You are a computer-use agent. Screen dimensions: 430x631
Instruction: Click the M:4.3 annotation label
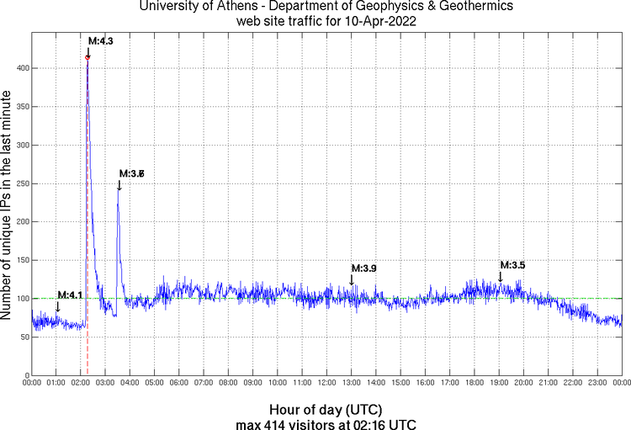coord(101,40)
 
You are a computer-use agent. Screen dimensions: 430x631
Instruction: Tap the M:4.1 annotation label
coord(70,295)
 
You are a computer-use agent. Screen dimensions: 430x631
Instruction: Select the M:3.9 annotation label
coord(363,268)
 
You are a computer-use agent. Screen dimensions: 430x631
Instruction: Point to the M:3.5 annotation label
coord(512,265)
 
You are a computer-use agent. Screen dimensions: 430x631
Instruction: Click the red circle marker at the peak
coord(87,57)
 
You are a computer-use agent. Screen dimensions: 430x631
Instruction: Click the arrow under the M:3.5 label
coord(501,277)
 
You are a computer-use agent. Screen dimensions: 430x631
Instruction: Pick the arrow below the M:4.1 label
coord(57,307)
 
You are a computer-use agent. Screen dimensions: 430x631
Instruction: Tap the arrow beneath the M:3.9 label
coord(352,280)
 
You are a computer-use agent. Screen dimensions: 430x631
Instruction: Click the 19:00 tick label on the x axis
coord(500,383)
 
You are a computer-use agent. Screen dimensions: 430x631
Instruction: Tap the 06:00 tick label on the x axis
coord(179,383)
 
